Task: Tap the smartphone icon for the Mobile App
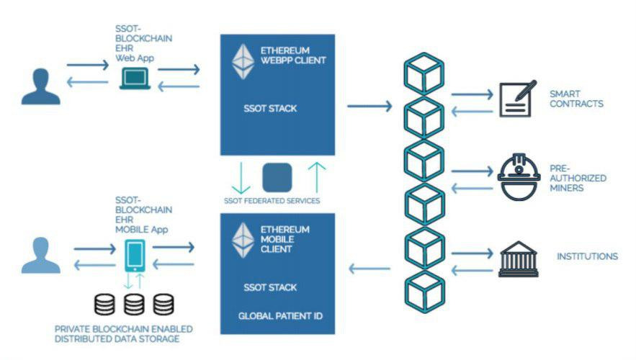tap(134, 256)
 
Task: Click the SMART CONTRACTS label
tap(576, 99)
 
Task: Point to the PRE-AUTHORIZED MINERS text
tap(583, 178)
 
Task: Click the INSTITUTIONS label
tap(587, 256)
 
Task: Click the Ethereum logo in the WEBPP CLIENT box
tap(243, 62)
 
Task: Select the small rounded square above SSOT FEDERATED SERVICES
tap(277, 178)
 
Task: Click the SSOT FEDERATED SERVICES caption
tap(277, 200)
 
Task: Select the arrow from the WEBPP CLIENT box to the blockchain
tap(369, 107)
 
